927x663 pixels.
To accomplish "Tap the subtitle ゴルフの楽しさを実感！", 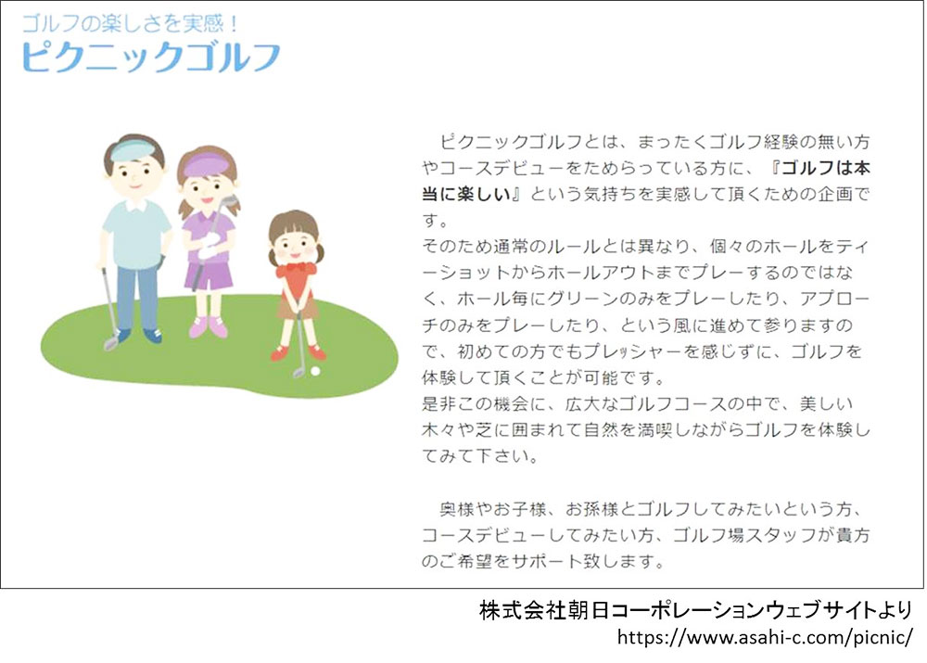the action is pos(130,23).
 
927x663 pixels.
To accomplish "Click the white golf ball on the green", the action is pos(315,371).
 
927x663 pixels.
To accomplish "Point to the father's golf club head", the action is pos(110,343).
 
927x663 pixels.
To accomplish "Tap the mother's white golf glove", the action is pos(208,246).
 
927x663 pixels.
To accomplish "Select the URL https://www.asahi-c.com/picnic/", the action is pos(765,637).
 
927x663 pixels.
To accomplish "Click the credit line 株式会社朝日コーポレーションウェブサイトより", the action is pos(695,610).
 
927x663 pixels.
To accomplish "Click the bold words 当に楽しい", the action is pos(466,194).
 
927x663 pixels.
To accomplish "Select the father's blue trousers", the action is pos(137,297).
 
